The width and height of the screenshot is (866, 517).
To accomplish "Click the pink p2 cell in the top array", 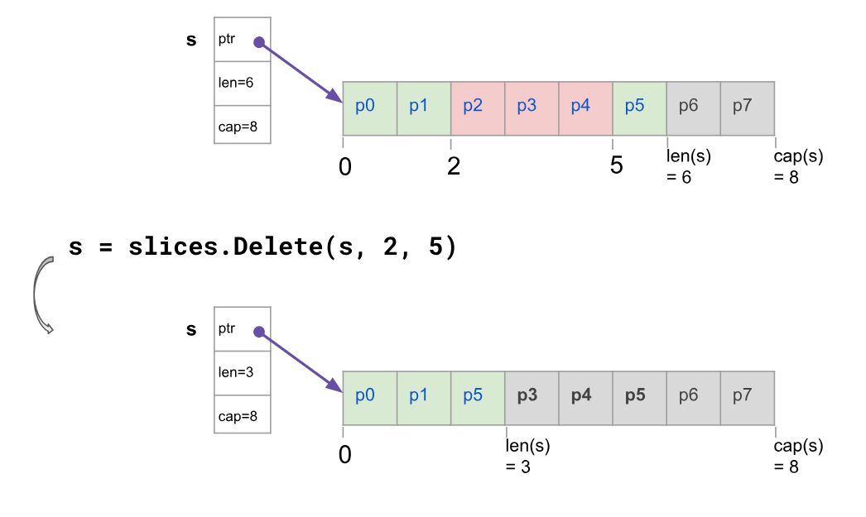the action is pos(478,108).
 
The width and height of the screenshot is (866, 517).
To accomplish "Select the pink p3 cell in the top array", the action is pos(532,108).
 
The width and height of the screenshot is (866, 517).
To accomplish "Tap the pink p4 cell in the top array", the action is pos(585,108).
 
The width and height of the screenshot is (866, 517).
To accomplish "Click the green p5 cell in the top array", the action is pos(639,108).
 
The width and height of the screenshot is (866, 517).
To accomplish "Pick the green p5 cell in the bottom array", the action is pos(478,399).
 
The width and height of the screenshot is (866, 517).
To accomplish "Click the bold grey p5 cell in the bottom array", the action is pos(639,399).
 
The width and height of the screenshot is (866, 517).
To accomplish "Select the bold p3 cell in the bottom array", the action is pos(532,399).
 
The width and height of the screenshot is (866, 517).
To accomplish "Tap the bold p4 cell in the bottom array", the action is pos(585,399).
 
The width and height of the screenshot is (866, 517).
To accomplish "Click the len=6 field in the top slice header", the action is pos(243,84).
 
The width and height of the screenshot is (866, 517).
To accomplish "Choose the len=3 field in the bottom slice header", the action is pos(243,373).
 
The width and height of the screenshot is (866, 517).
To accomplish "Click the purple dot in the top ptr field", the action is pos(259,42).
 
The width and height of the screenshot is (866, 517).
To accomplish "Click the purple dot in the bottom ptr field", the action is pos(259,332).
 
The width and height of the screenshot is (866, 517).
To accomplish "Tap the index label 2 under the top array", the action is pos(454,166).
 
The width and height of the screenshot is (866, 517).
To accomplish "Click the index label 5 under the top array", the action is pos(616,165).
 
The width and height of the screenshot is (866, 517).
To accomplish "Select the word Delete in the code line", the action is pos(277,246).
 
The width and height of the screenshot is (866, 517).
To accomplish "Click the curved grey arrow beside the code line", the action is pos(36,294).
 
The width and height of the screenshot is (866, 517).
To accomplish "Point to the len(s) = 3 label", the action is pos(527,456).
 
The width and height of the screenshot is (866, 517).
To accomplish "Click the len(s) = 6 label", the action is pos(688,166).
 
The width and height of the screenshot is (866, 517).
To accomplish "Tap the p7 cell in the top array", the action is pos(748,108).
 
